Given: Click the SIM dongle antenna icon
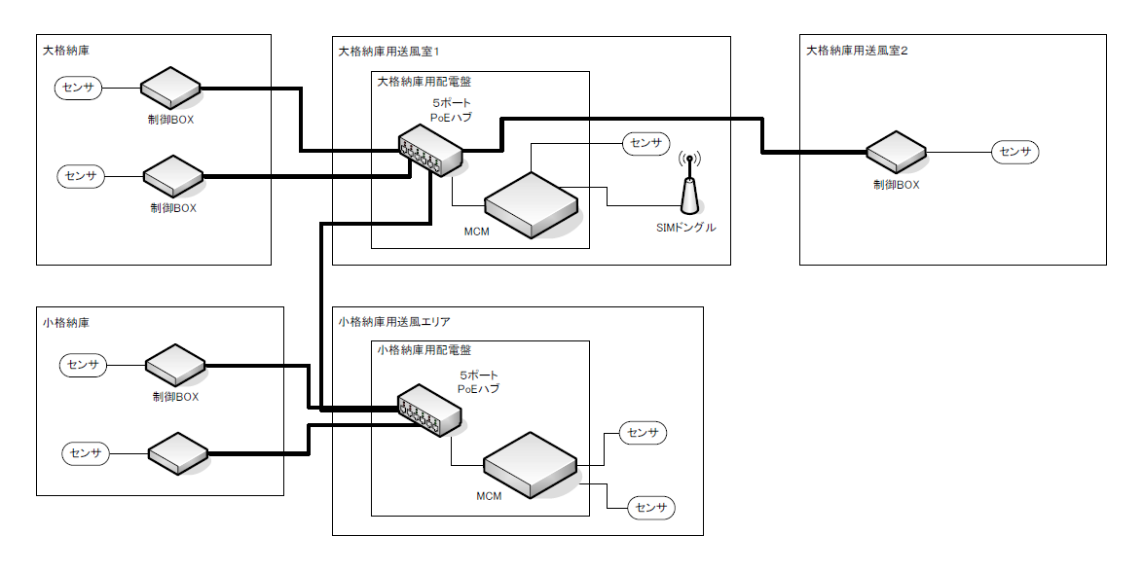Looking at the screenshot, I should point(689,187).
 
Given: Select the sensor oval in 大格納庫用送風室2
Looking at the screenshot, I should point(1015,152).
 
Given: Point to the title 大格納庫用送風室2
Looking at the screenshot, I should point(857,50).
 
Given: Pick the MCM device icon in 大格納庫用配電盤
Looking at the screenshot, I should point(531,204).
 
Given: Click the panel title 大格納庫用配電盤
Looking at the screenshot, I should point(424,83).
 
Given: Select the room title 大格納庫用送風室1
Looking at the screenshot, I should point(389,50).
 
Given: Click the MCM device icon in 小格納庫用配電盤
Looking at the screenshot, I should point(531,465).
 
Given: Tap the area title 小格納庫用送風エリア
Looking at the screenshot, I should point(394,321).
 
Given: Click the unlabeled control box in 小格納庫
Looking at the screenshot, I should point(177,453).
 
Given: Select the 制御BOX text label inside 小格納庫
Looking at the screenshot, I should point(175,397).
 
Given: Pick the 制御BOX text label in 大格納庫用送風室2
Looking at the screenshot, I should point(896,184).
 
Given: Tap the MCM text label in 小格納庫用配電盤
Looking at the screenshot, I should point(489,496).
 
